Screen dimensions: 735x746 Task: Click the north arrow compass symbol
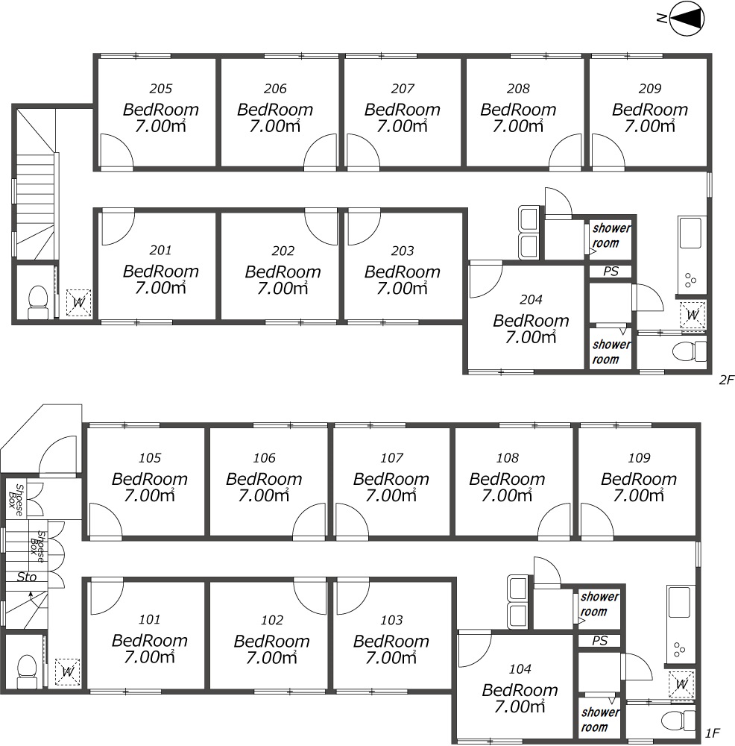coord(687,19)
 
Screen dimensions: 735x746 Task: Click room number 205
coord(161,89)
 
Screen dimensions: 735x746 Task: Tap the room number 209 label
coord(650,89)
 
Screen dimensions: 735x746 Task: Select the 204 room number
coord(531,300)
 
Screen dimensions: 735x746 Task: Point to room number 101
coord(149,619)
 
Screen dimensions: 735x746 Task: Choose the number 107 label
coord(391,458)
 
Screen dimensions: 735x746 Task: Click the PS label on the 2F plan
coord(611,272)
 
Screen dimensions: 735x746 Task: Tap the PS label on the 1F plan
coord(600,640)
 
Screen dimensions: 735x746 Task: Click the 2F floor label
coord(726,380)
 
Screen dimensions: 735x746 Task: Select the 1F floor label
coord(712,733)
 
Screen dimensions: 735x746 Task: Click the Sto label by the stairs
coord(27,577)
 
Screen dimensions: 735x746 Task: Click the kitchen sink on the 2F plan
coord(690,233)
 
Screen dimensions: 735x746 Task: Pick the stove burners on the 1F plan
coord(679,650)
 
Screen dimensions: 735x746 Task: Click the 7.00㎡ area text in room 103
coord(391,657)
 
